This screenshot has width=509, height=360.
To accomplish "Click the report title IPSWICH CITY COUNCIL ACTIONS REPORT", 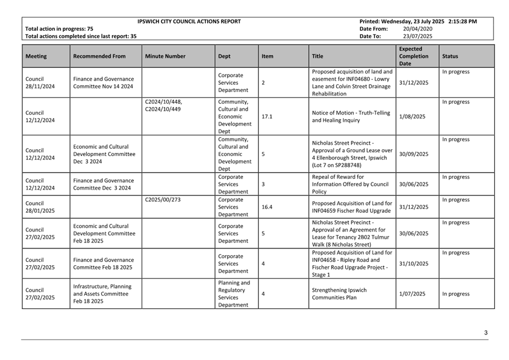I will tap(189, 22).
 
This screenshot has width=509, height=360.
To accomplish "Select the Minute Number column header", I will tap(165, 56).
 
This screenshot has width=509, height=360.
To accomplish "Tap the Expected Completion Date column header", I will tap(414, 56).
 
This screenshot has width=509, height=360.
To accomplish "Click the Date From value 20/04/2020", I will tap(418, 29).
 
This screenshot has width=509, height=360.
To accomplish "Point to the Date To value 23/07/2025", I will tap(418, 36).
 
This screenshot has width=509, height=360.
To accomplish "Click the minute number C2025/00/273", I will tap(163, 200).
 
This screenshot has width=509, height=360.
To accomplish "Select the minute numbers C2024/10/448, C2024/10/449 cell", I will tap(164, 105).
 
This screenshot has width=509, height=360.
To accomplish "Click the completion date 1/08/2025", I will tap(413, 117).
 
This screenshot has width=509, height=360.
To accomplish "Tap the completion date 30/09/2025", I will tap(414, 154).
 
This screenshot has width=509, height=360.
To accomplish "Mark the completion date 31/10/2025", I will tap(414, 264).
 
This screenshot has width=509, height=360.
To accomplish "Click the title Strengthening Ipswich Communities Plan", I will tap(339, 294).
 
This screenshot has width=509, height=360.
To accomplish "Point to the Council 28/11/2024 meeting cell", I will tap(40, 83).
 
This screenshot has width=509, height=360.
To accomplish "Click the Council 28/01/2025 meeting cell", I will tap(40, 207).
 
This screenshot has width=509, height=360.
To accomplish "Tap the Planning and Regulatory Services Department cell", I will tap(234, 294).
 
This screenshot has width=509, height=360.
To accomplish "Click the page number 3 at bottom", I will tap(486, 332).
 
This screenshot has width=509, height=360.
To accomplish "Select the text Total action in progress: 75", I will tap(59, 29).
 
